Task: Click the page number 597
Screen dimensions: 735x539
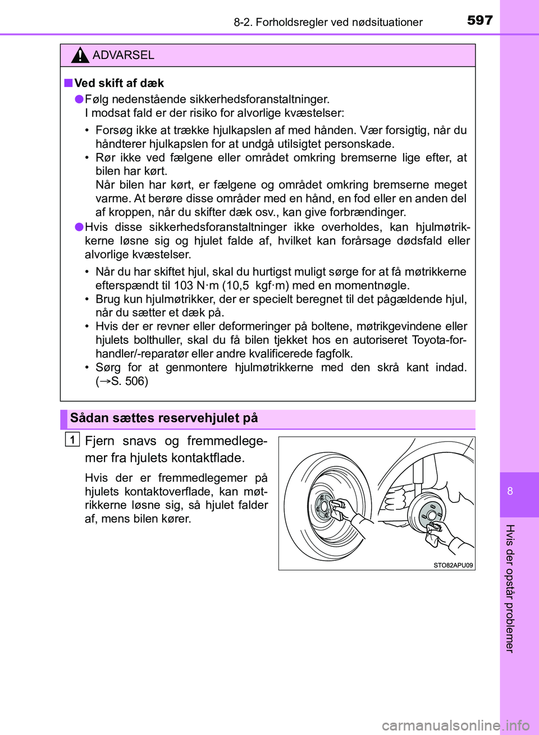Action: pyautogui.click(x=479, y=20)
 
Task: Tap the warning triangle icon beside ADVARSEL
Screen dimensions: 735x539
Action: pyautogui.click(x=80, y=55)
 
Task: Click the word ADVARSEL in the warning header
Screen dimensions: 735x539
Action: pyautogui.click(x=123, y=55)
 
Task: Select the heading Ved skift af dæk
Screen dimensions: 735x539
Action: pyautogui.click(x=118, y=83)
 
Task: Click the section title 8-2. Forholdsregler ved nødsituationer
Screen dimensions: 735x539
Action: pyautogui.click(x=328, y=22)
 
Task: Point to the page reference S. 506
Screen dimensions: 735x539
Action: pyautogui.click(x=129, y=381)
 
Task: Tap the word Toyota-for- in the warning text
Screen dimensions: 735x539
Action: pyautogui.click(x=438, y=340)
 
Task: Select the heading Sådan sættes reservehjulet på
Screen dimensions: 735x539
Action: pyautogui.click(x=163, y=418)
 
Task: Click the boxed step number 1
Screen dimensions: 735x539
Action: pyautogui.click(x=72, y=439)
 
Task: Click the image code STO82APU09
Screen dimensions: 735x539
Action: pyautogui.click(x=453, y=565)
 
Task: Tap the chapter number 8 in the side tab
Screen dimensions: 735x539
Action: pyautogui.click(x=510, y=491)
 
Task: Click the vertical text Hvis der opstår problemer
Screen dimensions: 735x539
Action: pyautogui.click(x=510, y=588)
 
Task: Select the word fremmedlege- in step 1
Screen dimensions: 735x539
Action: pyautogui.click(x=227, y=441)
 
